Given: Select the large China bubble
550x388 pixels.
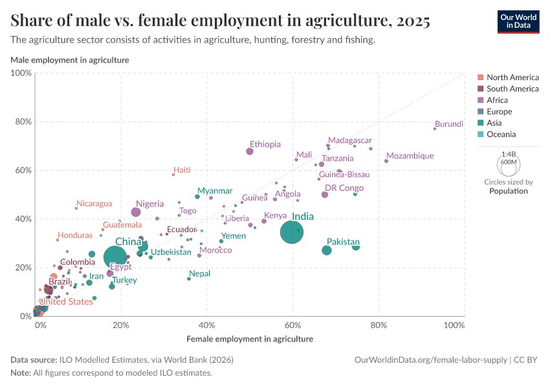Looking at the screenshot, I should pos(116,257).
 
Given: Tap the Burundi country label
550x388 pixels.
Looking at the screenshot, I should pos(449,124).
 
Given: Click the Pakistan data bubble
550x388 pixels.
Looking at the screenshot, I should pos(327,250).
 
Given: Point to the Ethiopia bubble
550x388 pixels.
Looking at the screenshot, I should pos(250,151).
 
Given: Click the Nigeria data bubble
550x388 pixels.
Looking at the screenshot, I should pos(136,212).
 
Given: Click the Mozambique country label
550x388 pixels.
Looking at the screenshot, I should pos(410,156).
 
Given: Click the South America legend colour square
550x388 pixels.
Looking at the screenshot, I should pos(480,89).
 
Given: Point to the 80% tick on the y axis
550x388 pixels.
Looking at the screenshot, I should pos(23,122).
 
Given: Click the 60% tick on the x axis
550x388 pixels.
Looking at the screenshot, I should pos(292,325).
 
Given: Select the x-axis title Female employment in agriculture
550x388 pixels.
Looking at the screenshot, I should pos(250,339).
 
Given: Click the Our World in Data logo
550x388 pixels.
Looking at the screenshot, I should pos(518,21).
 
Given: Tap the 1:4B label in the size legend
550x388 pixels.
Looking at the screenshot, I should pos(509,155).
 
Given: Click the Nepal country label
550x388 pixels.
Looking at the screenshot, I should pos(200,274).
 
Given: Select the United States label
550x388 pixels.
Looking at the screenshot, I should pos(66,301).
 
